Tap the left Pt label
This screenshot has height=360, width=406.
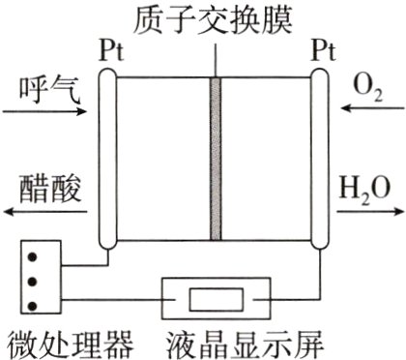point(109,51)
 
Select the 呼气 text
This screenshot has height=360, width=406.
point(44,92)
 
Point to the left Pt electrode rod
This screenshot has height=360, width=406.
point(107,159)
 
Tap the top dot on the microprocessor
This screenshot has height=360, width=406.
point(34,256)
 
